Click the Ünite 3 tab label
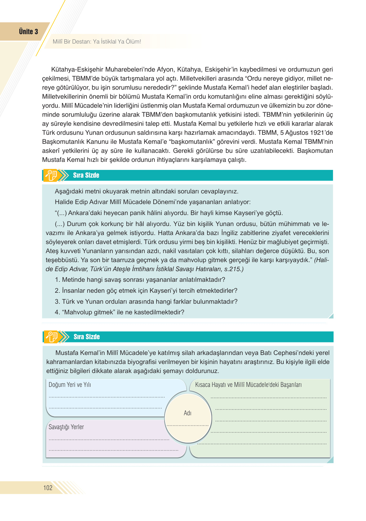click(28, 32)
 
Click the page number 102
click(48, 487)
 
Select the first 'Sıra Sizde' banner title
click(86, 175)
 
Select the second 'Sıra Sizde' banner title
click(86, 337)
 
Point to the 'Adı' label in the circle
click(188, 413)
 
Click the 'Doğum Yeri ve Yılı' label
click(70, 385)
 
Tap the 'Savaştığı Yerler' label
click(66, 427)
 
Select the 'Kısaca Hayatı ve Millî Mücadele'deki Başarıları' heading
click(248, 385)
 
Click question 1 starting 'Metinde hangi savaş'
click(140, 280)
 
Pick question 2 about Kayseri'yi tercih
click(146, 291)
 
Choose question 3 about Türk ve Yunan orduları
click(146, 302)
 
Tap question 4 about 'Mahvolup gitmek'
click(119, 312)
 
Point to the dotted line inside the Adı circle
click(188, 426)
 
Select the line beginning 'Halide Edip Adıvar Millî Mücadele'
click(152, 202)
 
